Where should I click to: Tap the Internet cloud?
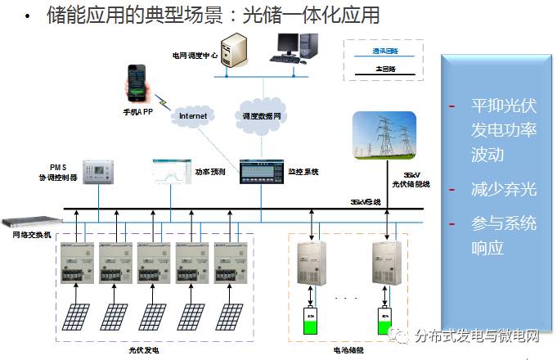[193, 116]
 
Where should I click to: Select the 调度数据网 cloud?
[262, 115]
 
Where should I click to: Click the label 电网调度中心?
[194, 55]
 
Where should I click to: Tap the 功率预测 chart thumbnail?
[171, 173]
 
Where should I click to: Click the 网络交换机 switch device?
[27, 222]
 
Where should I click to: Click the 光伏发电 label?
[144, 349]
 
